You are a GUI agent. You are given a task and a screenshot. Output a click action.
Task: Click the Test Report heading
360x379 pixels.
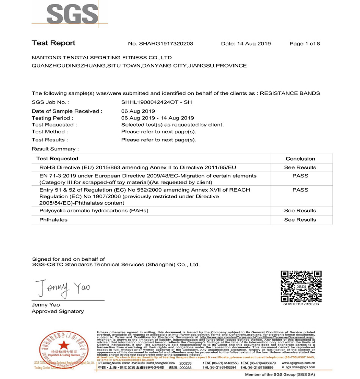(53, 43)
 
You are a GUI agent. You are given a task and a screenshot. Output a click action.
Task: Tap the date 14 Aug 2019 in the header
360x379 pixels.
(254, 44)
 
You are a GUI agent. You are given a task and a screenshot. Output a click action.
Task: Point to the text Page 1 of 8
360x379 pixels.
(304, 44)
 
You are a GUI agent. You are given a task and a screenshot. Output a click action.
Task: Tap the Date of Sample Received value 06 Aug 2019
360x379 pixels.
(138, 111)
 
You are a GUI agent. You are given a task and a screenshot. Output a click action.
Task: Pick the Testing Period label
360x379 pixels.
(51, 118)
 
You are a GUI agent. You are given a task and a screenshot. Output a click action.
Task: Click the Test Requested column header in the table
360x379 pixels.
(57, 158)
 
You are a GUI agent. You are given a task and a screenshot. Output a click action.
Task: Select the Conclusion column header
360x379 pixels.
(300, 159)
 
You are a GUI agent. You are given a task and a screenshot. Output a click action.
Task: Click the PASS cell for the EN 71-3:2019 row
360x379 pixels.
(300, 176)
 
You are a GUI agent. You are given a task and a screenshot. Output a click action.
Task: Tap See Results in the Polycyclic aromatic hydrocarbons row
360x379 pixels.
(300, 211)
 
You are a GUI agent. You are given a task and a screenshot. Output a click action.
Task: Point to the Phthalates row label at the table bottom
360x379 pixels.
(53, 220)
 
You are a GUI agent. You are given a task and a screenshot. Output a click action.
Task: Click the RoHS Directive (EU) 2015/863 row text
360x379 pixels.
(138, 168)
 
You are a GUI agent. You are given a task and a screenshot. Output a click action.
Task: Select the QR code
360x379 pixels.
(301, 286)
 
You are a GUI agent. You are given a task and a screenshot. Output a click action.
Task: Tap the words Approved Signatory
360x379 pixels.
(58, 311)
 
